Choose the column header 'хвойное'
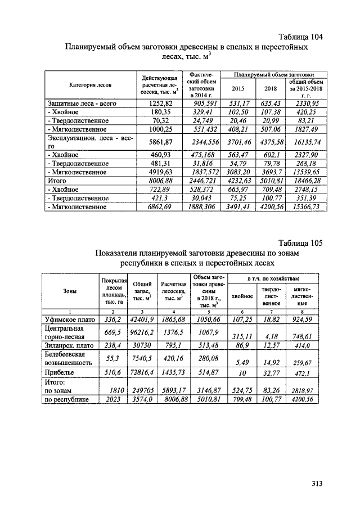[x=242, y=296]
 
